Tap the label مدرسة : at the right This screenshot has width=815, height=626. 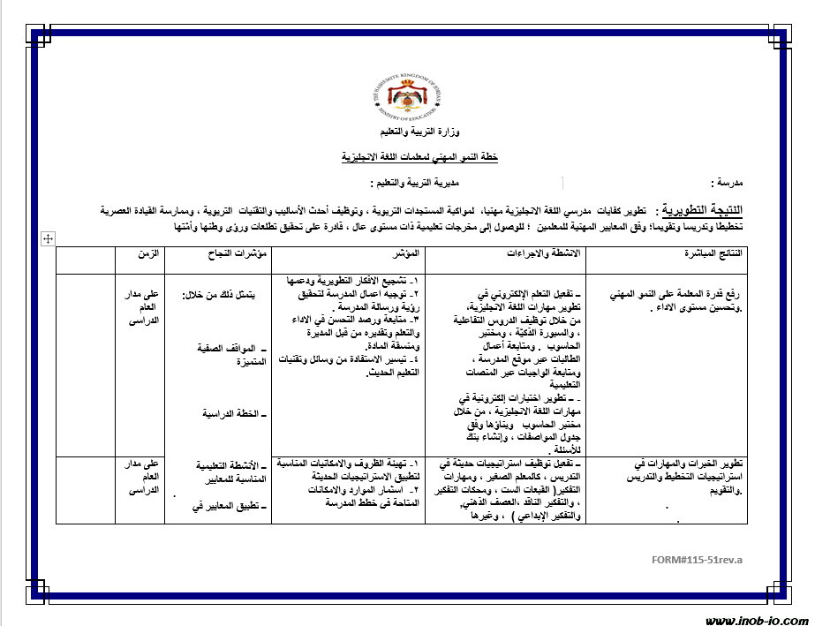[728, 183]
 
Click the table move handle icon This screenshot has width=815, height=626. [48, 238]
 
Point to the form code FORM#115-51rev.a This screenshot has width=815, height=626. [698, 560]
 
